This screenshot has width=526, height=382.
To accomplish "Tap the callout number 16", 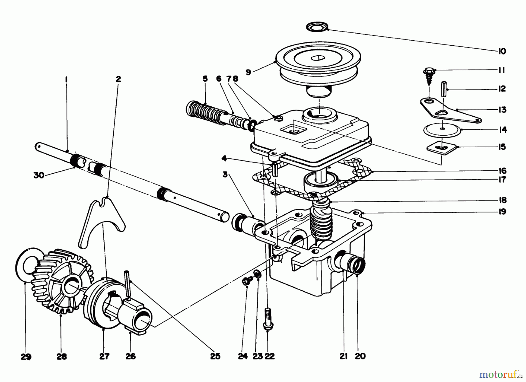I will [502, 171].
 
